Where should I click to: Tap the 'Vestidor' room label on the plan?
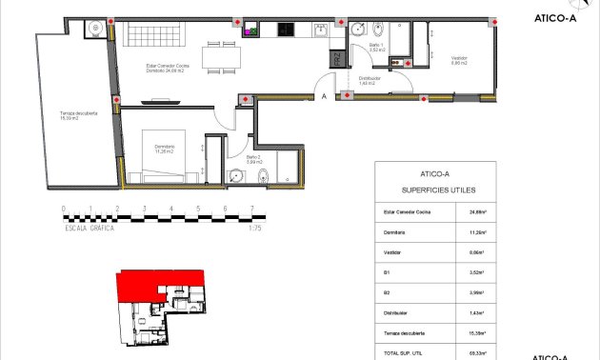tap(460, 60)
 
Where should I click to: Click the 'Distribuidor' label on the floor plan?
tap(370, 79)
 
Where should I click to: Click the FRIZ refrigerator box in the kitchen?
tap(337, 58)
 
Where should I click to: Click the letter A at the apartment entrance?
tap(324, 95)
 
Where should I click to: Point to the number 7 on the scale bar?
tap(251, 208)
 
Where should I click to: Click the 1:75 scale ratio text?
tap(254, 229)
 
